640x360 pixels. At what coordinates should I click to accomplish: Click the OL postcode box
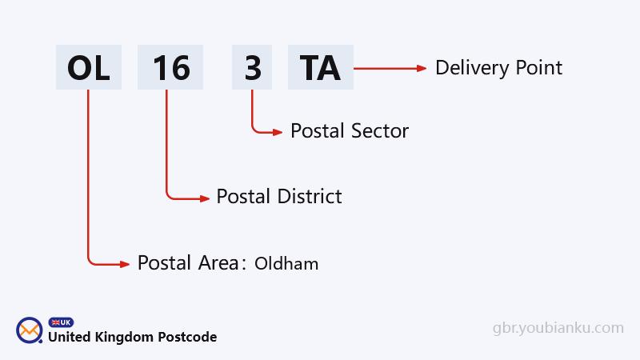[88, 68]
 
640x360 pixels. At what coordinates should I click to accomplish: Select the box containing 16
[171, 68]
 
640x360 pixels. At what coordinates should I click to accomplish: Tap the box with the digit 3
[253, 68]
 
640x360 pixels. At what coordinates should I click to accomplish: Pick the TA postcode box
[320, 68]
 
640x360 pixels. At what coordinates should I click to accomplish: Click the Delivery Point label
[498, 68]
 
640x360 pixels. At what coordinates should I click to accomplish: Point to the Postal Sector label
[350, 130]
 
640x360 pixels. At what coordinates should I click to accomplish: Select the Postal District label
[279, 196]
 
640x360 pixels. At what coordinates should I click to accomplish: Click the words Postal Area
[189, 262]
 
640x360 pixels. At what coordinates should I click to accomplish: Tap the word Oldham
[286, 263]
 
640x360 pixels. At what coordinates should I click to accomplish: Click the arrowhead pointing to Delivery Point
[422, 69]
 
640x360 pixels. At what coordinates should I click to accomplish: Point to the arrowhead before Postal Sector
[277, 131]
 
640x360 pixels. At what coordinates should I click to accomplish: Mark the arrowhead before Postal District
[203, 196]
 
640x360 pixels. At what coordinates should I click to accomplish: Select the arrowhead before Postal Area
[124, 263]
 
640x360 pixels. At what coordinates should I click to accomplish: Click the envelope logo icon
[30, 330]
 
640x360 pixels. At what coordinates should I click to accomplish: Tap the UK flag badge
[61, 322]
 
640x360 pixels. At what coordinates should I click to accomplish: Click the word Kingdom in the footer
[124, 337]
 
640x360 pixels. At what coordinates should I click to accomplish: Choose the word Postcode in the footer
[186, 337]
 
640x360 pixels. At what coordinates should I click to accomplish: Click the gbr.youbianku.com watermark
[558, 328]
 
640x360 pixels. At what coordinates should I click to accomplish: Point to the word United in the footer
[69, 337]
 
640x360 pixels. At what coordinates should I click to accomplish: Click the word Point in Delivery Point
[539, 68]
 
